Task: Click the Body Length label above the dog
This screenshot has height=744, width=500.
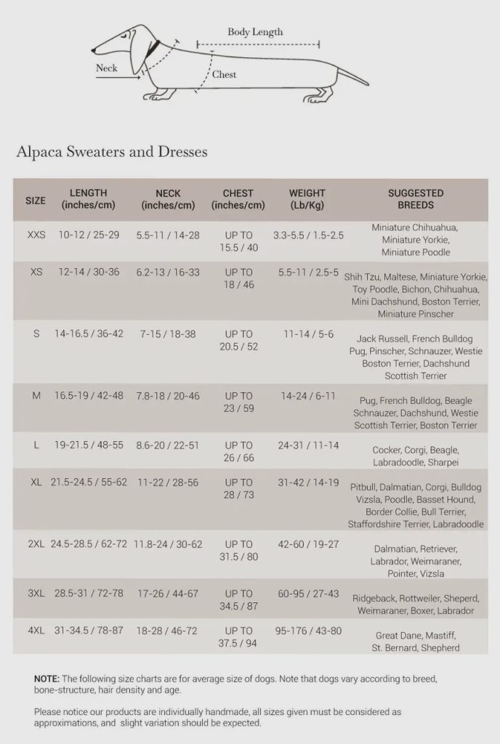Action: point(255,32)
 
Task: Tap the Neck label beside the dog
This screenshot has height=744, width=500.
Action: point(107,68)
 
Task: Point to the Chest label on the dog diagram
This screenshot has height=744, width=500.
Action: point(224,74)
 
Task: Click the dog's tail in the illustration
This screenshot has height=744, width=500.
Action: point(353,75)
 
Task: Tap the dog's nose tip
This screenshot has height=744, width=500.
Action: point(94,50)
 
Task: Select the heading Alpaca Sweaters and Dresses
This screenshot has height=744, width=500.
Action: point(112,152)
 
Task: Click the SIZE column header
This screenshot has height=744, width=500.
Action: point(36,200)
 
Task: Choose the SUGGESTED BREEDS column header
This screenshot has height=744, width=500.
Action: point(416,199)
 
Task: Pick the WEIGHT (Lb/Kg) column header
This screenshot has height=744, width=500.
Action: point(307,199)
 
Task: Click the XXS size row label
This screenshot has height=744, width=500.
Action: point(36,235)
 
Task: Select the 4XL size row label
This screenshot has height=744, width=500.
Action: point(36,631)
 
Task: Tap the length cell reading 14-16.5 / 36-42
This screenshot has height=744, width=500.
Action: point(89,334)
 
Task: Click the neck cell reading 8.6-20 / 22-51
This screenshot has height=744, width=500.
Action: point(168,445)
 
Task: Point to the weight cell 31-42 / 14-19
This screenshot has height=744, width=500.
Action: point(308,482)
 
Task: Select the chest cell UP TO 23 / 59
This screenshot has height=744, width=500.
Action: point(238,402)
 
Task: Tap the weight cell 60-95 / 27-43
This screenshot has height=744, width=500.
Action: point(308,594)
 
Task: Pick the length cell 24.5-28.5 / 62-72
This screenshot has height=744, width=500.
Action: point(89,544)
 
